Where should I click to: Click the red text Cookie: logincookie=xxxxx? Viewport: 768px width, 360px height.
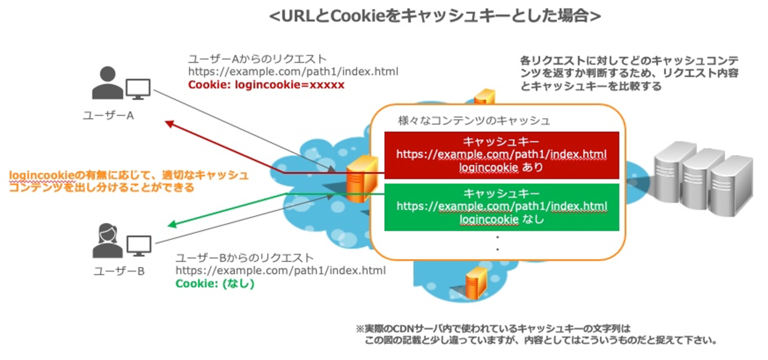(266, 85)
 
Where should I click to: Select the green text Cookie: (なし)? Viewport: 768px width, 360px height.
(215, 284)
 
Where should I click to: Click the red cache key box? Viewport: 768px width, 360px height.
(501, 155)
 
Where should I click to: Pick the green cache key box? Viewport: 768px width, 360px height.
(501, 207)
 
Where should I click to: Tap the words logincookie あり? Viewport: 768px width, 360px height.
(501, 167)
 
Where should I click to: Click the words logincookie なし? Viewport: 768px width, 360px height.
(501, 219)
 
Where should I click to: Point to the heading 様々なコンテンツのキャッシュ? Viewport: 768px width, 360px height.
(474, 121)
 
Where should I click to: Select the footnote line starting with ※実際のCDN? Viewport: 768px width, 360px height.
(493, 329)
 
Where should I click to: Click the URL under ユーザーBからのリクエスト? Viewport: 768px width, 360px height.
(281, 271)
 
